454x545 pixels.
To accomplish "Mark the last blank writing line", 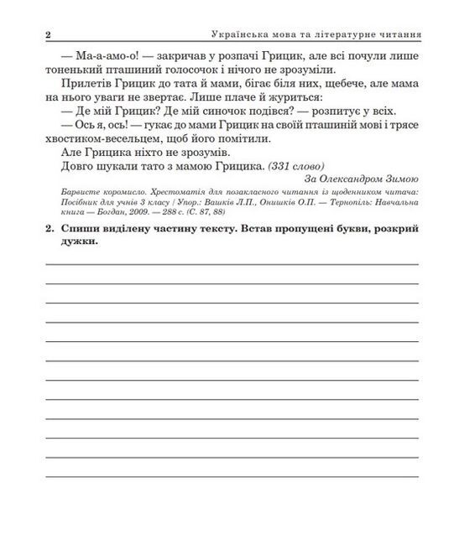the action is tap(232, 475).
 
